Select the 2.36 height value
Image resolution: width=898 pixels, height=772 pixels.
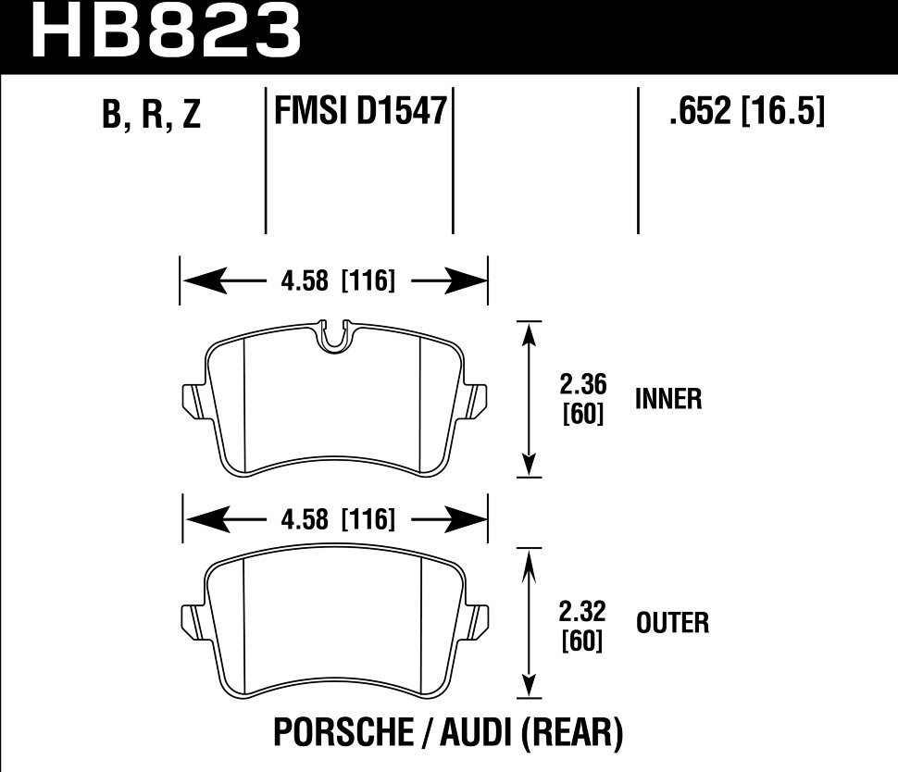coord(583,383)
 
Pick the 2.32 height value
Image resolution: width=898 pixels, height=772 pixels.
coord(583,611)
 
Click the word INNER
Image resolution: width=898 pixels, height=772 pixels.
coord(668,400)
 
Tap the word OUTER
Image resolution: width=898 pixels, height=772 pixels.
coord(673,623)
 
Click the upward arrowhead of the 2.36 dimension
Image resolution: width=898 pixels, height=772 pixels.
coord(529,333)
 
